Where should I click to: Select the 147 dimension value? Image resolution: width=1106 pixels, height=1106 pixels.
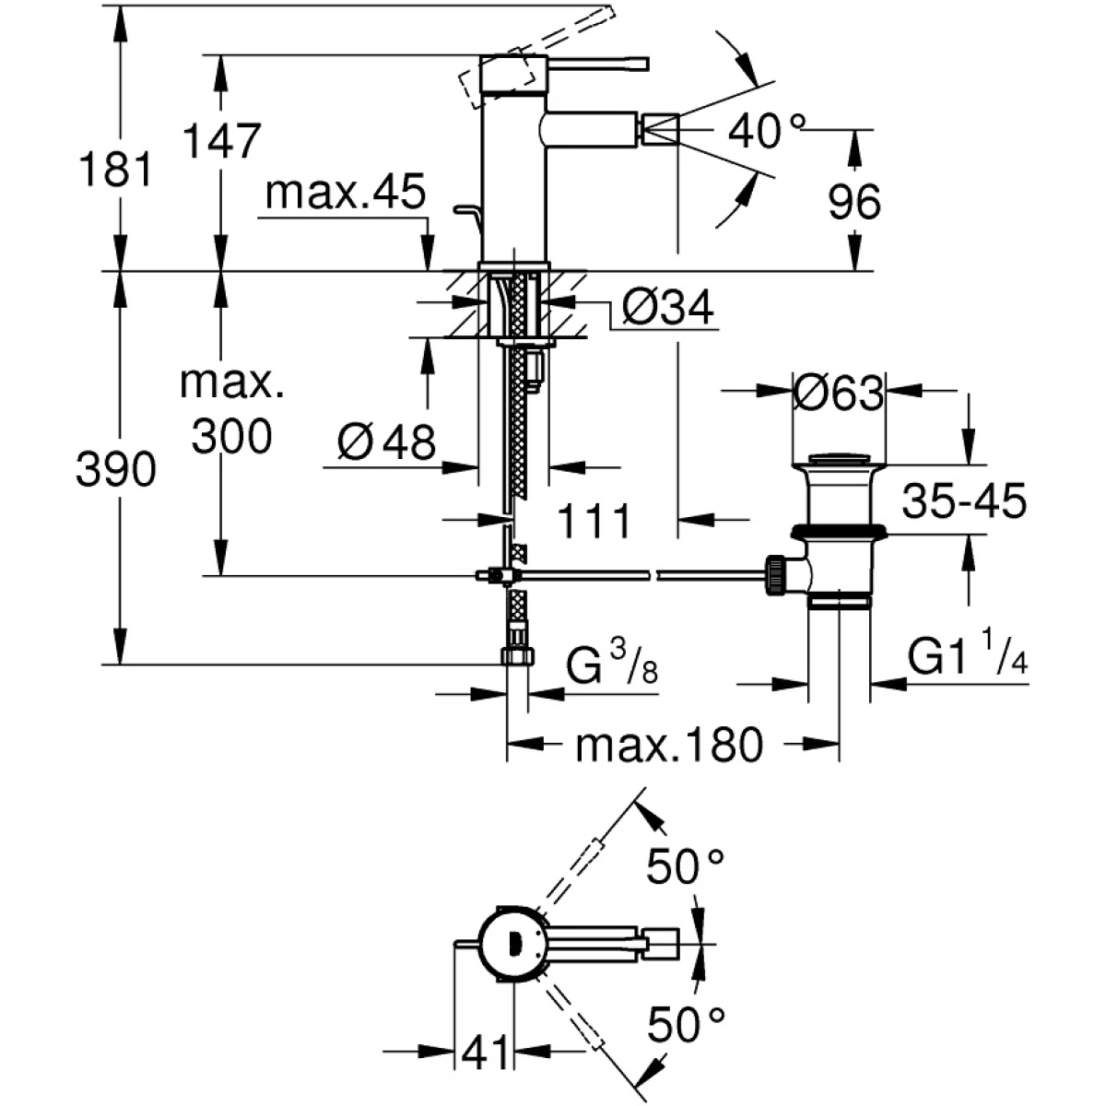pos(221,142)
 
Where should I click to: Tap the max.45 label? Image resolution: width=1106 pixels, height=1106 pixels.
pos(346,194)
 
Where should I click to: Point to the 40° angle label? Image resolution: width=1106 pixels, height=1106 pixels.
pos(767,131)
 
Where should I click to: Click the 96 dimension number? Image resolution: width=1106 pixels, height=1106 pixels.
pos(854,202)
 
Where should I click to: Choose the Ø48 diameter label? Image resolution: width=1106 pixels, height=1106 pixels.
pos(386,443)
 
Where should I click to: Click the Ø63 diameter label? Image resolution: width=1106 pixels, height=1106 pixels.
pos(838,394)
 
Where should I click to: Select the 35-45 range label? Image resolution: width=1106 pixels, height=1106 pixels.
pos(964,502)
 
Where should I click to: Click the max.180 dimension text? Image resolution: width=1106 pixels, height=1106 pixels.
pos(669,745)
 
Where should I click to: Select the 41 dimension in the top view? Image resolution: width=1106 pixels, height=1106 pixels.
pos(487,1051)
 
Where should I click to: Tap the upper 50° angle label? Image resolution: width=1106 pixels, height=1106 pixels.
pos(685,866)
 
